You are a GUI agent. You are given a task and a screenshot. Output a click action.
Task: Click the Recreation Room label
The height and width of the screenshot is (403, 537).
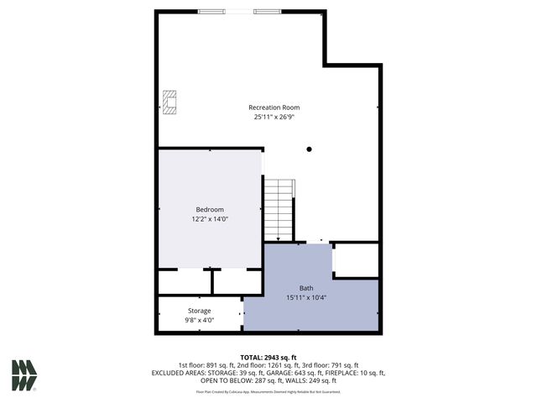click(274, 107)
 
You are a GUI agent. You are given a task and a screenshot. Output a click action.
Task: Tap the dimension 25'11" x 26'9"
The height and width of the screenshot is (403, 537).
click(274, 118)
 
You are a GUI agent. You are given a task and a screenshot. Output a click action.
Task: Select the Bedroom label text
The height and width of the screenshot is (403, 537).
click(210, 209)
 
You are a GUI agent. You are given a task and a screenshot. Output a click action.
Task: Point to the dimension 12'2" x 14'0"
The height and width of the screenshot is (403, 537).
click(210, 219)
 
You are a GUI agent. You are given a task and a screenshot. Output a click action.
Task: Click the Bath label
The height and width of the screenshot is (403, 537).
click(305, 288)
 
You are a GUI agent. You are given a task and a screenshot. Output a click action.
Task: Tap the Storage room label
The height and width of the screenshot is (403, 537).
click(199, 311)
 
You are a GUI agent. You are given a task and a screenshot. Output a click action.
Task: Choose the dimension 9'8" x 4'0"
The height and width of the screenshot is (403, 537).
click(199, 320)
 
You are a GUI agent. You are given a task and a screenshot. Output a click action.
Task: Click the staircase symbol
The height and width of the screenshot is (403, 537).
click(279, 211)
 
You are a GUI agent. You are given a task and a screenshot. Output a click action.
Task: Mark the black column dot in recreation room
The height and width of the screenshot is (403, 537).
click(309, 149)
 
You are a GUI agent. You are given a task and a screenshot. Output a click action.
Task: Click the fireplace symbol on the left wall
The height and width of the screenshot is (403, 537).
click(170, 102)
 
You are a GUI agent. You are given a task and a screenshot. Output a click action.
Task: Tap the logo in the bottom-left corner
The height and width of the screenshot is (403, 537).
click(24, 374)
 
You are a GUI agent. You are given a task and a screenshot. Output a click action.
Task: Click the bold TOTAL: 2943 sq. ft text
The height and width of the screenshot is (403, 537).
click(268, 357)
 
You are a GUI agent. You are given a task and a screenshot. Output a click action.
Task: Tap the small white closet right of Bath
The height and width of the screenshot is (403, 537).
click(356, 260)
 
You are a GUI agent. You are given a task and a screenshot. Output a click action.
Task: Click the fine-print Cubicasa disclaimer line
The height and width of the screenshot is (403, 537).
click(268, 391)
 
